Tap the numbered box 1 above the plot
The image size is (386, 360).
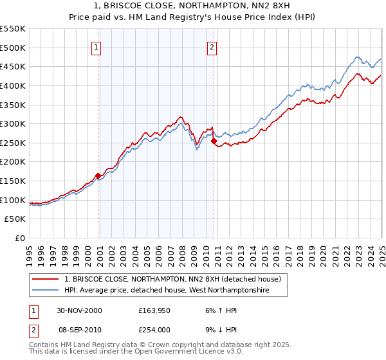tap(96, 46)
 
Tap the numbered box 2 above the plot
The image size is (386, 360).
tap(212, 46)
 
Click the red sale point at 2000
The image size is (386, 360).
tap(98, 175)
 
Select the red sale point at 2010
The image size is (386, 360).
tap(213, 141)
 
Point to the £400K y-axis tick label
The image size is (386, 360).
tap(13, 85)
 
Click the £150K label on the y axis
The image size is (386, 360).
tap(13, 181)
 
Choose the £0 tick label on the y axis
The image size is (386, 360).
tap(19, 238)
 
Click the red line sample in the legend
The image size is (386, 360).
tap(46, 280)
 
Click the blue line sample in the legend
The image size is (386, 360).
tap(46, 291)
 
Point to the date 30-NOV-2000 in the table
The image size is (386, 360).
tap(79, 310)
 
